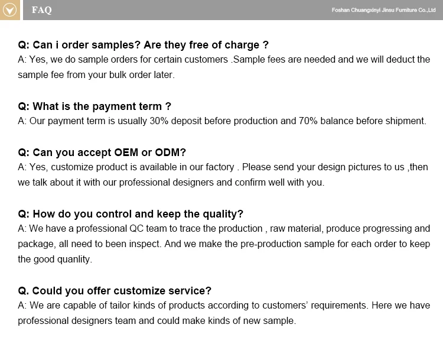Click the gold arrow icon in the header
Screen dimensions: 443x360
tap(10, 10)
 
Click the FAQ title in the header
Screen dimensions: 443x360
tap(42, 10)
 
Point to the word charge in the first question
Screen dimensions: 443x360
tap(242, 46)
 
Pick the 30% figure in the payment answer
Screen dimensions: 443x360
tap(159, 121)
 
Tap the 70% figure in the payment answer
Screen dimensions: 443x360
tap(308, 121)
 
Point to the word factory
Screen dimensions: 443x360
tap(220, 167)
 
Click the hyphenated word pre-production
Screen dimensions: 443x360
tap(271, 244)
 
